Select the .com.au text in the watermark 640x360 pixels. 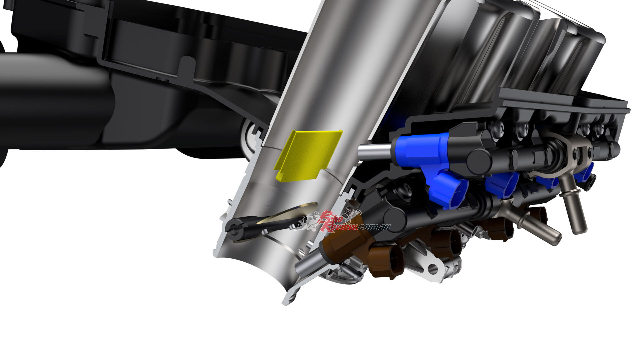374,227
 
